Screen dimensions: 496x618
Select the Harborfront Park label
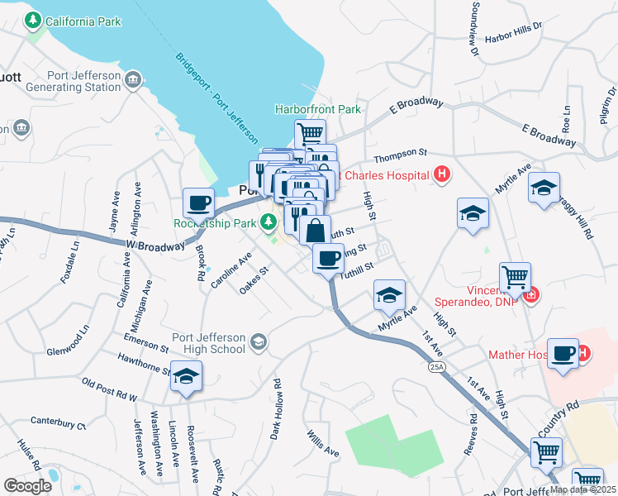pyautogui.click(x=318, y=109)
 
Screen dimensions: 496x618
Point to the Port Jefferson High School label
pyautogui.click(x=208, y=342)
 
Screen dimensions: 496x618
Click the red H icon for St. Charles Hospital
pyautogui.click(x=442, y=174)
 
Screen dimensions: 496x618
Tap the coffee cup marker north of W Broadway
pyautogui.click(x=199, y=202)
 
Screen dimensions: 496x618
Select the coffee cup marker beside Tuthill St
pyautogui.click(x=328, y=258)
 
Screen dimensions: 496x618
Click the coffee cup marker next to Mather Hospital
pyautogui.click(x=563, y=353)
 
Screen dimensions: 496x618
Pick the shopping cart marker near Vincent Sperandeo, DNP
pyautogui.click(x=515, y=276)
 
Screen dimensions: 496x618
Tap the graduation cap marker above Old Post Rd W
pyautogui.click(x=187, y=377)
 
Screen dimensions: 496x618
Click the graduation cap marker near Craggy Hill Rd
pyautogui.click(x=544, y=188)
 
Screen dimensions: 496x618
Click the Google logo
pyautogui.click(x=27, y=486)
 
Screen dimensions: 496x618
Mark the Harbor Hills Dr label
pyautogui.click(x=513, y=32)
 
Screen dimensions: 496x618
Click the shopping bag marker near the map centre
pyautogui.click(x=316, y=231)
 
